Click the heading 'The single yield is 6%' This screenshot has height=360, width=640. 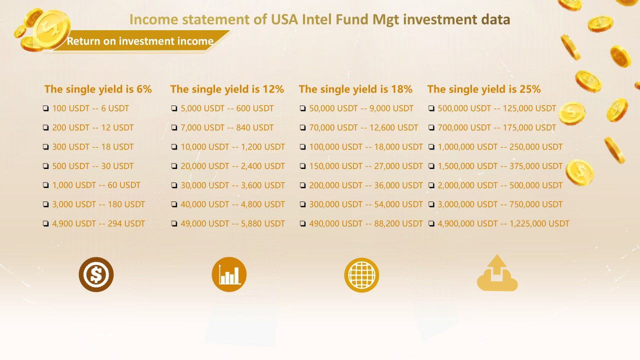97,89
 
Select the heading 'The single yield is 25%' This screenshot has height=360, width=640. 484,89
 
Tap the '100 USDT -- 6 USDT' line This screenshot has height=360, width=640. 90,108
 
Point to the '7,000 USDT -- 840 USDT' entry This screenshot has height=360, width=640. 227,127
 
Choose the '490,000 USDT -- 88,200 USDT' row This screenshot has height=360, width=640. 366,223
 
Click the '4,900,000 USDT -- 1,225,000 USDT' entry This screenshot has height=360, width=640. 503,223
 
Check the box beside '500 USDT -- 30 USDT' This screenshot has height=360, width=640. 45,166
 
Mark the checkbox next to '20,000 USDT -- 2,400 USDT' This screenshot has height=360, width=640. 174,166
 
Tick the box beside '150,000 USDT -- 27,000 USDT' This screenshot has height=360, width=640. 303,166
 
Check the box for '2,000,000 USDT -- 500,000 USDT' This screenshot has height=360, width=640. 431,185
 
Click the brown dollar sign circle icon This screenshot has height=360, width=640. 96,274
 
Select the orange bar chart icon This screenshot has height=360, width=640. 229,274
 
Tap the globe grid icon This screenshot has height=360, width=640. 361,275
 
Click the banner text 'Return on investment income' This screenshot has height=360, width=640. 140,41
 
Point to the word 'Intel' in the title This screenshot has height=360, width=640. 317,19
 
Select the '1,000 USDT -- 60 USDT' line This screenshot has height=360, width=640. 96,185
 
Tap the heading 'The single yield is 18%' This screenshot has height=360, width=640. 355,89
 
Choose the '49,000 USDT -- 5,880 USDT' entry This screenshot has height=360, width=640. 232,223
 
